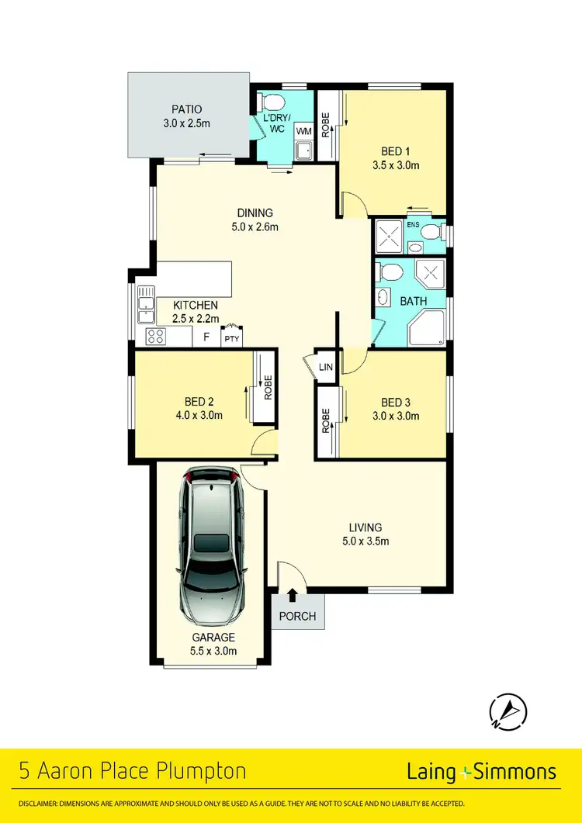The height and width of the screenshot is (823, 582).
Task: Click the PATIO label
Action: pos(186,109)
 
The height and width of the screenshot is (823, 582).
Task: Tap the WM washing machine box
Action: pos(302,132)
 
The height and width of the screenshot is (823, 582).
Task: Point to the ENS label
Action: pos(412,226)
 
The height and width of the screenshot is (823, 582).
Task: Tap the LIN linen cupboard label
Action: pos(325,366)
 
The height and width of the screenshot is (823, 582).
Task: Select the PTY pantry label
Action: pos(231,338)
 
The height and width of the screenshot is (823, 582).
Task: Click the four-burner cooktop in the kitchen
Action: pos(155,337)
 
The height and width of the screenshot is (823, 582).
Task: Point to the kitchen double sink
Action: pos(144,304)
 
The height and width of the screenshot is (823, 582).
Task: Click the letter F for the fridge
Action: pos(206,337)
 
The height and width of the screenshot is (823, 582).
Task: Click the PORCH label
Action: pos(297,617)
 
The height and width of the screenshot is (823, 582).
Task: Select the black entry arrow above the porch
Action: pos(293,595)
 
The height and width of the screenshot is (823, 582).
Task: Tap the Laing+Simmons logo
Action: pos(481,771)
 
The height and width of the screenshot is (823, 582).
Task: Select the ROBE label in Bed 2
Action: pos(268,386)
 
